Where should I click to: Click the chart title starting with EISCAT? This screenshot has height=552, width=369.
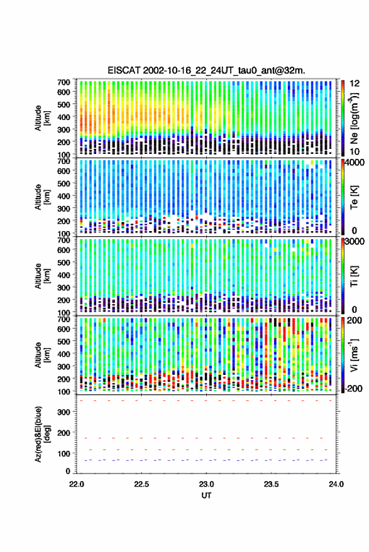[x=206, y=70]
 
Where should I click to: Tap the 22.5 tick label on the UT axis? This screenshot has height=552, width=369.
[x=141, y=484]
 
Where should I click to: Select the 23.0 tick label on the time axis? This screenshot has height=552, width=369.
[x=206, y=484]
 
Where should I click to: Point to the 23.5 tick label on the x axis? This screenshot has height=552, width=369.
[x=271, y=484]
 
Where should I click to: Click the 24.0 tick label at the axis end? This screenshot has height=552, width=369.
[x=336, y=484]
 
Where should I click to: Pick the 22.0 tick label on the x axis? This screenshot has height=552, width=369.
[x=77, y=484]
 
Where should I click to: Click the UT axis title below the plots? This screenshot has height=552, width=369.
[x=206, y=495]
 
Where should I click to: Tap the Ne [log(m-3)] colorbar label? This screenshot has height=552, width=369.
[x=354, y=117]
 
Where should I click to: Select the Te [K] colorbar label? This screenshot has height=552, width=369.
[x=354, y=197]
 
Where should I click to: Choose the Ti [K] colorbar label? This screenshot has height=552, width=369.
[x=354, y=276]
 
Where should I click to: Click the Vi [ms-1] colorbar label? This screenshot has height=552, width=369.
[x=354, y=355]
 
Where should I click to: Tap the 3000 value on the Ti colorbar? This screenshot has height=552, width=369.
[x=355, y=242]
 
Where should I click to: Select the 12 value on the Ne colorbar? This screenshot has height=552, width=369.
[x=355, y=83]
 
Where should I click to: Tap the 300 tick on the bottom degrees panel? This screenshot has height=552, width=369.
[x=63, y=412]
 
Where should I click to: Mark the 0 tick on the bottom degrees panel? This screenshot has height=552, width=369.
[x=68, y=471]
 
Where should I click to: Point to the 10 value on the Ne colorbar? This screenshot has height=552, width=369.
[x=355, y=151]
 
